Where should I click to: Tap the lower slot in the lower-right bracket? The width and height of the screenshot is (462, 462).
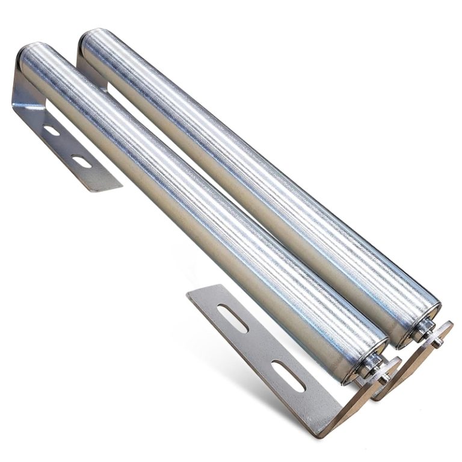[x=288, y=375]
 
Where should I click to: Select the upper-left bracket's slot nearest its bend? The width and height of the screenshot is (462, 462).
[x=52, y=130]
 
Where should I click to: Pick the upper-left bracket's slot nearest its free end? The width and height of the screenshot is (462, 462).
[x=81, y=161]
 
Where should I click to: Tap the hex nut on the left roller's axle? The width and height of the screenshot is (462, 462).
[x=372, y=369]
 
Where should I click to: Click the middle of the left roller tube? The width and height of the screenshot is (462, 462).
[x=199, y=205]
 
